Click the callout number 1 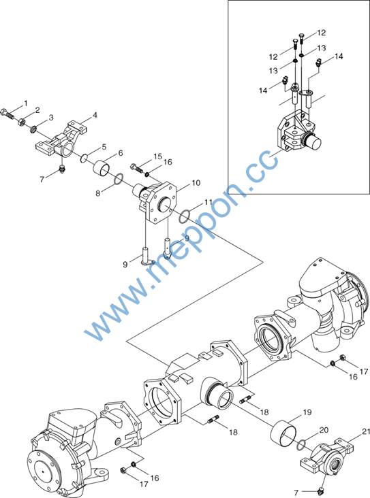click(26, 103)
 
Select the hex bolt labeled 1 click(7, 114)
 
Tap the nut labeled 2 click(22, 122)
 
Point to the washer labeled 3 click(33, 129)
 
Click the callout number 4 click(95, 115)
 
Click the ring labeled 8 click(118, 179)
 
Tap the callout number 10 click(196, 183)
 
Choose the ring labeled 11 click(185, 216)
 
